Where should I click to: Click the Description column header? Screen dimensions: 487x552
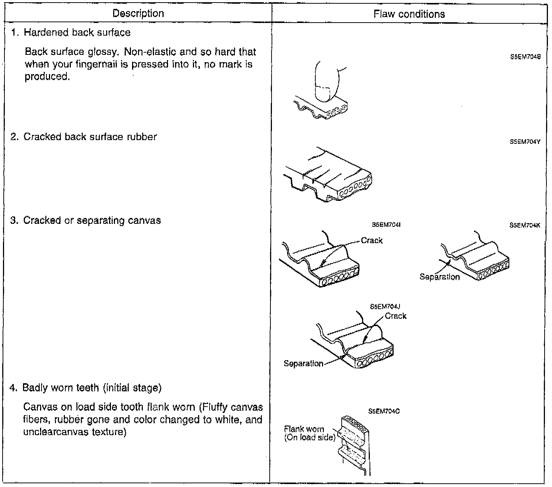138,14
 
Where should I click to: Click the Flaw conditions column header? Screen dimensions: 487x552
409,14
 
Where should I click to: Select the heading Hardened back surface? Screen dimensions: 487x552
77,33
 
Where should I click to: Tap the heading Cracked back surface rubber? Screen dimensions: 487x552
90,137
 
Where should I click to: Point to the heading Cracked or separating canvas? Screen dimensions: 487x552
92,221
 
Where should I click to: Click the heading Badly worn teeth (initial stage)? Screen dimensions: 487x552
92,388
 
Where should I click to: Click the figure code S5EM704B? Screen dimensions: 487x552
525,57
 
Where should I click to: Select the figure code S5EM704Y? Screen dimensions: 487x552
525,141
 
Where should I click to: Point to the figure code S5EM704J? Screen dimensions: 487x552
385,307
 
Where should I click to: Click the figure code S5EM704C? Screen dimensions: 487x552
384,411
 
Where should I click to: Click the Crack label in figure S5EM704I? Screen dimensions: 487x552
372,241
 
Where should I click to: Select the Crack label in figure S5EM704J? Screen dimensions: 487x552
395,316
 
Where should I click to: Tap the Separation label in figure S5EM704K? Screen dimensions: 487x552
440,277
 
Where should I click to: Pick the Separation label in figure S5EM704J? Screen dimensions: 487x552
303,364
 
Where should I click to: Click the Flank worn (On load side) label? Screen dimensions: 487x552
309,433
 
